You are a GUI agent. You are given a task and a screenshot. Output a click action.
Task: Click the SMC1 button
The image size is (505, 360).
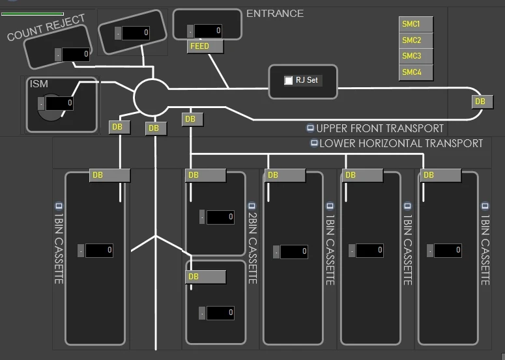(x=415, y=24)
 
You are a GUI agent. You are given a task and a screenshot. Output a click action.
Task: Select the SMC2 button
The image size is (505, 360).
(x=415, y=40)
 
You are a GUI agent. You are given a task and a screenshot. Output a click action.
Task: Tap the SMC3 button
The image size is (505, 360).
(x=415, y=57)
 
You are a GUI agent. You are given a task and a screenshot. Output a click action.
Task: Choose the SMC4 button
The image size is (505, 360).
(x=415, y=72)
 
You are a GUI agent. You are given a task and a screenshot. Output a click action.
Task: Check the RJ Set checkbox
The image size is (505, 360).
(x=289, y=80)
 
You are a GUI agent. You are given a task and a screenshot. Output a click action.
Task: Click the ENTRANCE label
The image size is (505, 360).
(x=274, y=13)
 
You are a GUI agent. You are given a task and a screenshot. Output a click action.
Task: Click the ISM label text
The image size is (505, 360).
(x=39, y=83)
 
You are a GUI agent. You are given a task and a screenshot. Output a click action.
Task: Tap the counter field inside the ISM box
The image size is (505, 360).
(x=59, y=103)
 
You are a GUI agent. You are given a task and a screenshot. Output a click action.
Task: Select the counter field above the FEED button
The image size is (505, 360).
(x=208, y=31)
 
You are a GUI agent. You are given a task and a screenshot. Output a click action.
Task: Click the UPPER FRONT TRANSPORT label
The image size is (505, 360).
(x=380, y=128)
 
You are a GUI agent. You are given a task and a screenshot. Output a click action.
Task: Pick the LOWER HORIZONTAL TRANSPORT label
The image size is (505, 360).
(x=401, y=143)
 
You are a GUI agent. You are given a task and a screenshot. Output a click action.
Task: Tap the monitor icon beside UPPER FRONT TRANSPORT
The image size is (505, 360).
(x=310, y=128)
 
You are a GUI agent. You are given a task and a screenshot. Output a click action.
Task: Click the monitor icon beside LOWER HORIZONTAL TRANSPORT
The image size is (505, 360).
(x=314, y=143)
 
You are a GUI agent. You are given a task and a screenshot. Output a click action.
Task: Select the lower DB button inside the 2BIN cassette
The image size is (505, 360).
(x=205, y=277)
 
